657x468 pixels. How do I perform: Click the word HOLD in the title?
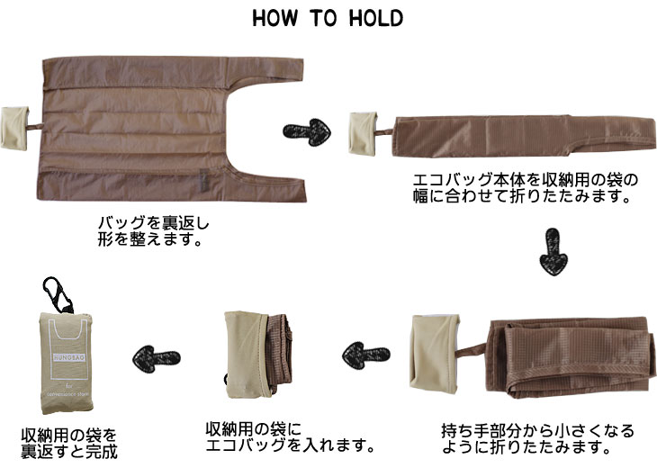point(376,19)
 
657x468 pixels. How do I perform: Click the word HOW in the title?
point(275,19)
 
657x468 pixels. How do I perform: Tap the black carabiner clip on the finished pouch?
point(58,294)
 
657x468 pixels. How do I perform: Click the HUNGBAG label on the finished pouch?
point(69,357)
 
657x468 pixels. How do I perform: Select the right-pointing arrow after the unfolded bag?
point(307,131)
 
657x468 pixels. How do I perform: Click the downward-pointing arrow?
point(553,252)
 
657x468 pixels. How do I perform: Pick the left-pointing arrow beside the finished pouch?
point(156,358)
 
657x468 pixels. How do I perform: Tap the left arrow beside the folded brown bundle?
point(365,355)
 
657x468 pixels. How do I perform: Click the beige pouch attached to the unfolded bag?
point(14,128)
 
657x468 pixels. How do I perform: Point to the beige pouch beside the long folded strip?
point(364,134)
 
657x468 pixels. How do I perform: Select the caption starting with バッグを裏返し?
point(153,231)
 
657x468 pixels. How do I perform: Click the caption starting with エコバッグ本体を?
point(525,188)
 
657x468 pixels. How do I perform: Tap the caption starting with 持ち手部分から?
point(538,438)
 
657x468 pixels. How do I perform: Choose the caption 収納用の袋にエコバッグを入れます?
point(290,436)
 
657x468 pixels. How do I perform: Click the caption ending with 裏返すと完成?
point(69,444)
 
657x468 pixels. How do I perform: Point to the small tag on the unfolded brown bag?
point(204,181)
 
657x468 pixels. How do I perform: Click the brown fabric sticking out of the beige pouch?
point(279,353)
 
